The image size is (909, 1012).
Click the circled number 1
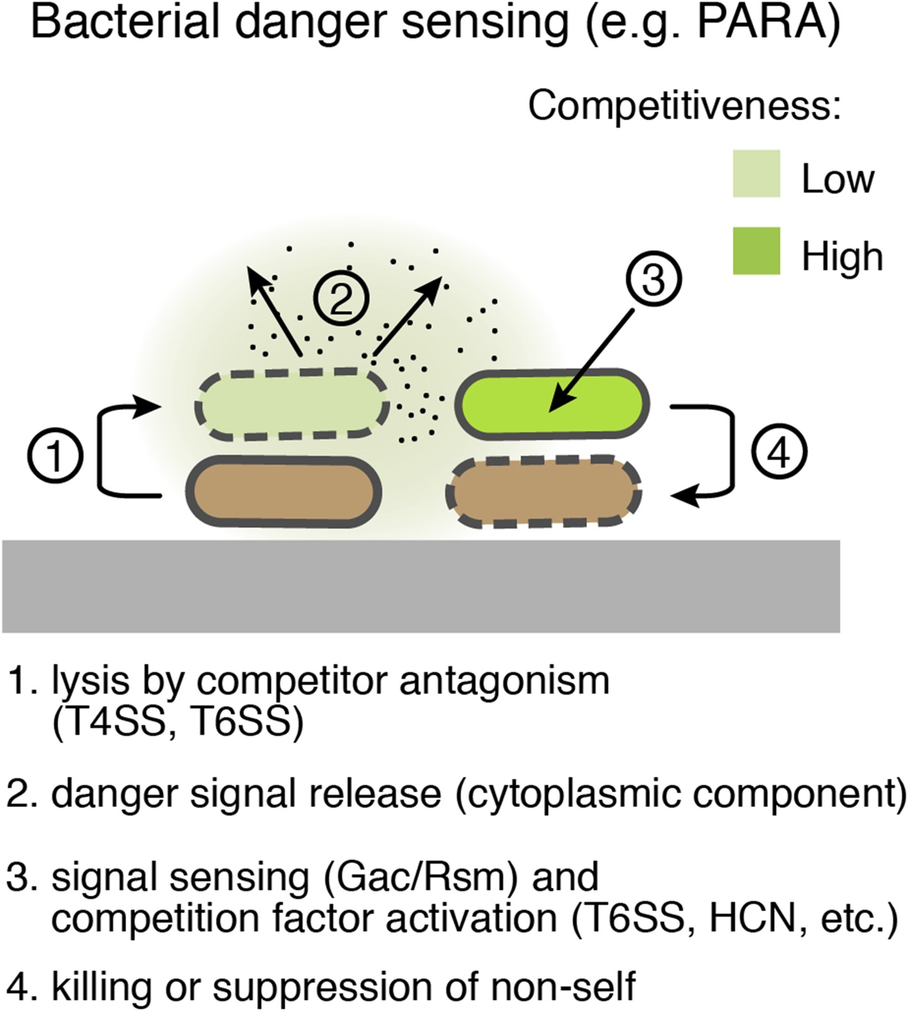56,456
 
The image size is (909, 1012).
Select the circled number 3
653,280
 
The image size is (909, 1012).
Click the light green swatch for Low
756,173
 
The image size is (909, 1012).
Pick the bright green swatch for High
756,250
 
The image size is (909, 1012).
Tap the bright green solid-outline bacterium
552,404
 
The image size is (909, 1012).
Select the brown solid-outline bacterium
284,491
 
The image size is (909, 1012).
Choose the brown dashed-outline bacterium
544,492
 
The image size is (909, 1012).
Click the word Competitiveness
683,105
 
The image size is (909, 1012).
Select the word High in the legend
842,256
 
